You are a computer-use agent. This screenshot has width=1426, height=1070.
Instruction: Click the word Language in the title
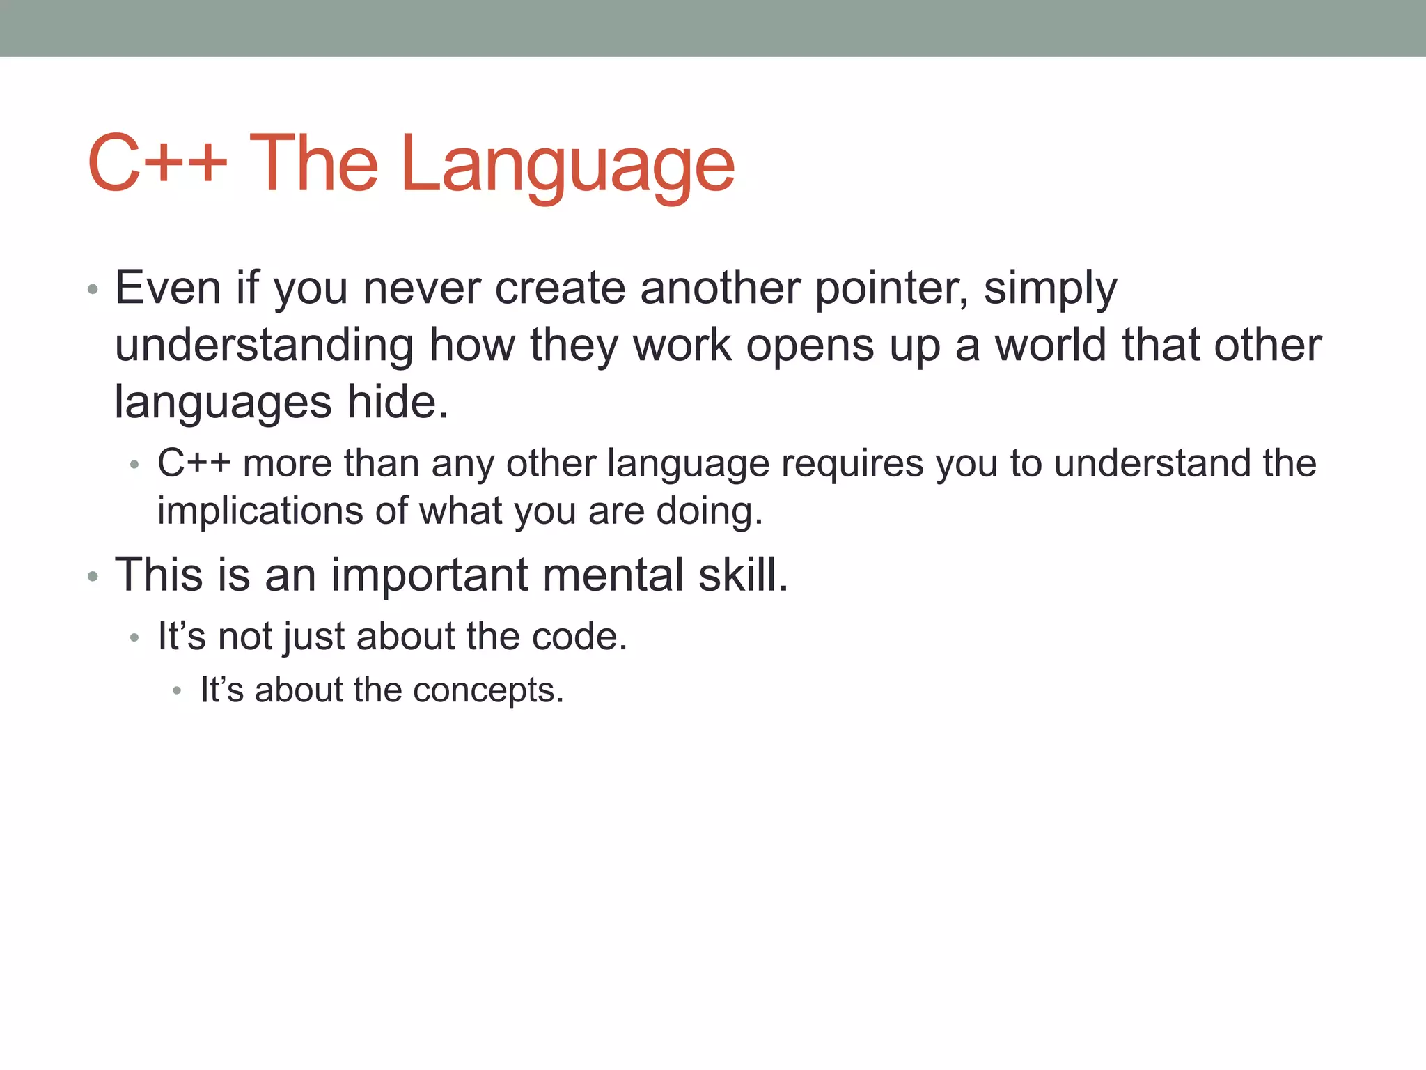(x=567, y=165)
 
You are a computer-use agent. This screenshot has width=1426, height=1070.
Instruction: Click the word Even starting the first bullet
(x=167, y=288)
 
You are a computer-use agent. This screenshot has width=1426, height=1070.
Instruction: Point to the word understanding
(x=264, y=346)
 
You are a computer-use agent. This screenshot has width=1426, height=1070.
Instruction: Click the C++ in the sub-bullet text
(x=194, y=463)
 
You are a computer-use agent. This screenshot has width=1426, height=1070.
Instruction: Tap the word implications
(x=260, y=511)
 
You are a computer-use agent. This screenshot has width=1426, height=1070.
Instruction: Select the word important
(x=429, y=576)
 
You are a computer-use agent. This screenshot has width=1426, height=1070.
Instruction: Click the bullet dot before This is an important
(x=93, y=577)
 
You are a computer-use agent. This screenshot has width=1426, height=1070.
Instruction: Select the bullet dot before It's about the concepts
(x=178, y=691)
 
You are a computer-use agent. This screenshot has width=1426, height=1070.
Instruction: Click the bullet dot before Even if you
(x=93, y=289)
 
